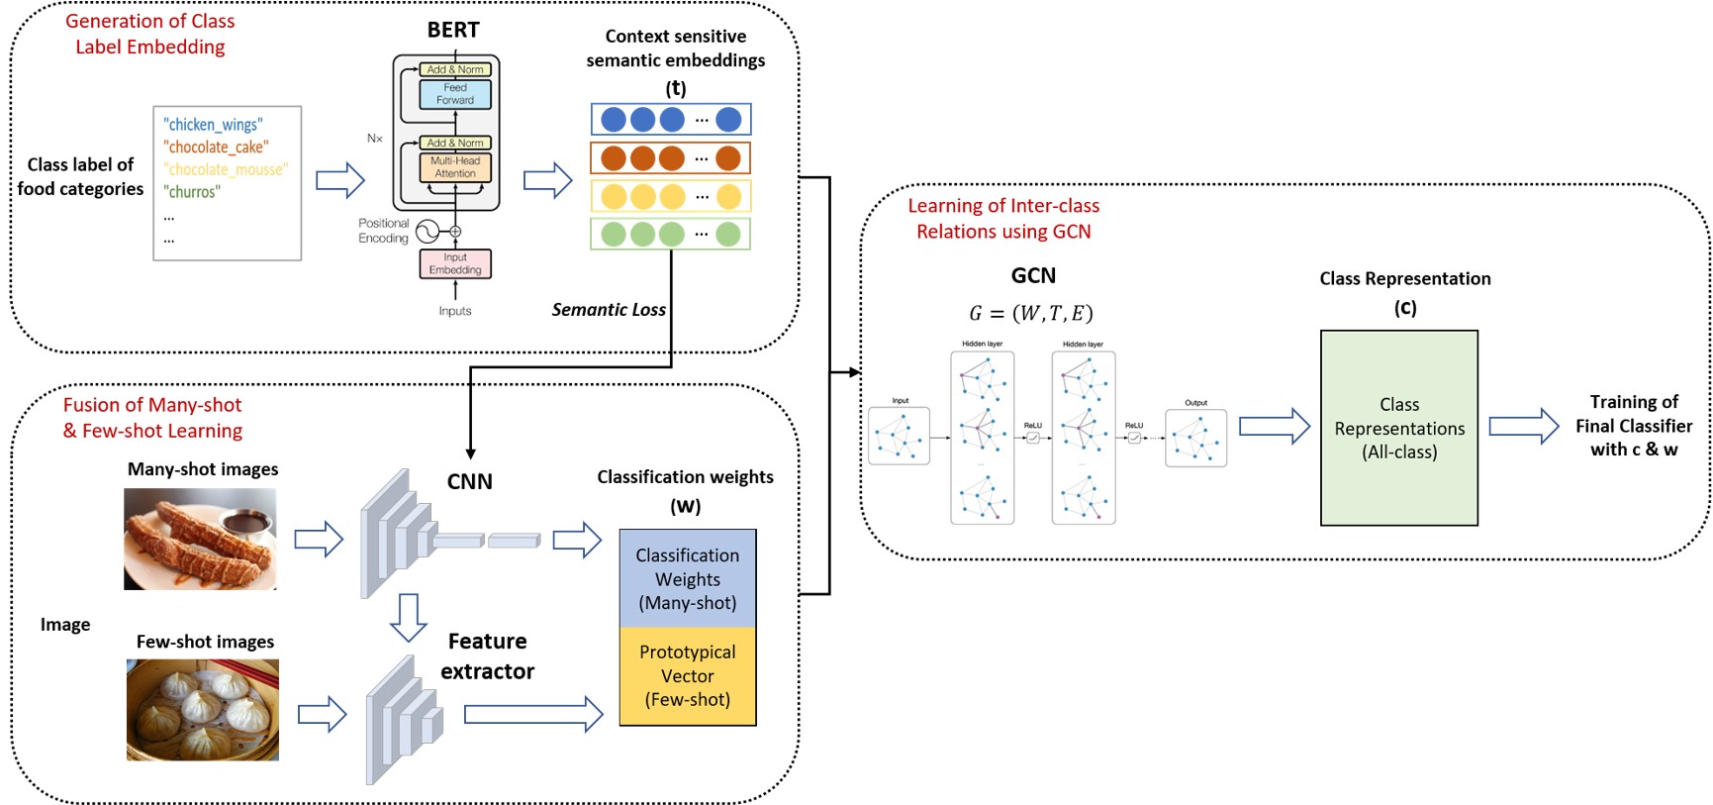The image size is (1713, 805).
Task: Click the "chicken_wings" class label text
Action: [x=213, y=125]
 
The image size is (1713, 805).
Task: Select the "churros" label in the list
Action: [x=192, y=192]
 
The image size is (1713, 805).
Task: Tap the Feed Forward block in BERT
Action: [x=455, y=94]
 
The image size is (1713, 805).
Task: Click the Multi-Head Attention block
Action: [x=455, y=167]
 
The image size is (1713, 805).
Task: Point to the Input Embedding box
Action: [x=455, y=263]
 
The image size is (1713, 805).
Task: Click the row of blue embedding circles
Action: [x=671, y=120]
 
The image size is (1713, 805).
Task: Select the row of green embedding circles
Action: [x=671, y=235]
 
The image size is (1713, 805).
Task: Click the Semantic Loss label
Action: [x=609, y=310]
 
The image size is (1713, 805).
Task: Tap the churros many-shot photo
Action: [x=200, y=540]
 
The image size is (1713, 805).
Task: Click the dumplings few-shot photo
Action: [x=203, y=710]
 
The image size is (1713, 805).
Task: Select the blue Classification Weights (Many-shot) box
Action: [x=688, y=579]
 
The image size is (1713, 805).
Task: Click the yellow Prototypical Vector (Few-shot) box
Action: [x=688, y=676]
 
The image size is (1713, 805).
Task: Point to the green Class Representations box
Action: [x=1399, y=428]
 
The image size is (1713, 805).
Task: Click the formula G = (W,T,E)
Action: [x=1031, y=314]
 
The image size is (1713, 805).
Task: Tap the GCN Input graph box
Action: [x=899, y=436]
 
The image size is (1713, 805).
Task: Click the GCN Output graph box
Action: [x=1195, y=439]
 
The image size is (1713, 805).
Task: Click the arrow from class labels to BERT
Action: [x=340, y=180]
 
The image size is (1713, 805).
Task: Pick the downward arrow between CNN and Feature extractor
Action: [x=408, y=618]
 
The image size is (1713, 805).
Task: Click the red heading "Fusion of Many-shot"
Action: [x=152, y=405]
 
